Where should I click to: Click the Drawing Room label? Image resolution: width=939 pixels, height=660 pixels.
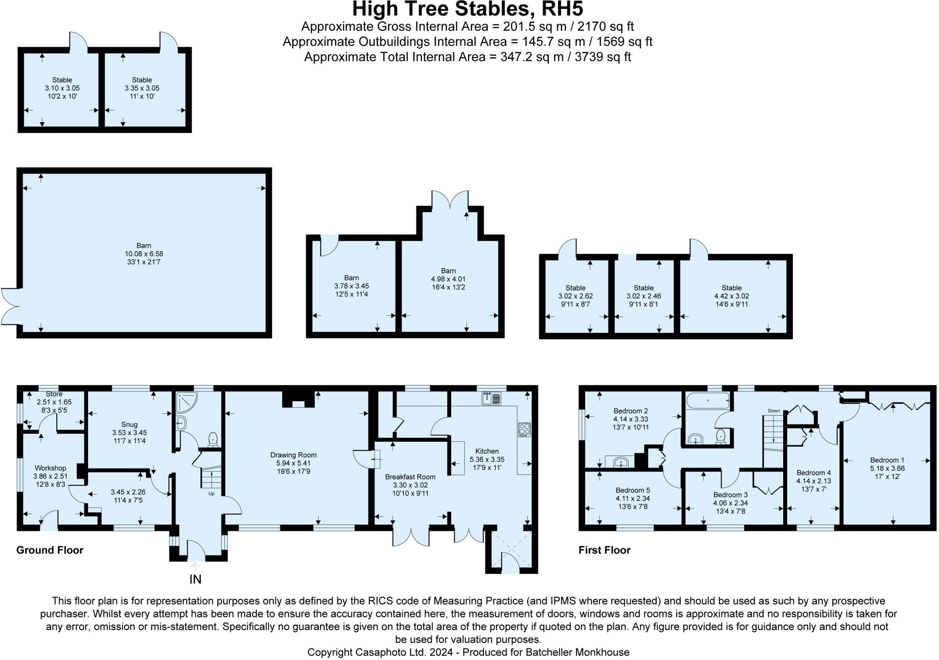point(293,455)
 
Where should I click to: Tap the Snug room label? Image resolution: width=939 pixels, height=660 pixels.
point(129,424)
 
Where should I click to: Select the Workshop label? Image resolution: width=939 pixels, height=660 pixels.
point(50,468)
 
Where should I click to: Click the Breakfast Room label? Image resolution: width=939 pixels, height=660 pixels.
point(410,477)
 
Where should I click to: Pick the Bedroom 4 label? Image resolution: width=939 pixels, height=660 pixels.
point(813,473)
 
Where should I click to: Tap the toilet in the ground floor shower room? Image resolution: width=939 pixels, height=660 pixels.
point(213,440)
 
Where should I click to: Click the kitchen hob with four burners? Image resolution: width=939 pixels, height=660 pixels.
point(524,429)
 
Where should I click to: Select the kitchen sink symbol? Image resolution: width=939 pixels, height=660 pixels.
point(491,399)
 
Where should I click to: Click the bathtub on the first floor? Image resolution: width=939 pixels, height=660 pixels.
point(708,400)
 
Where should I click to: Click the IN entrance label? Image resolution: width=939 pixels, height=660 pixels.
point(195,579)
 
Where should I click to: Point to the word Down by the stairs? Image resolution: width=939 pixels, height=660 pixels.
point(773,411)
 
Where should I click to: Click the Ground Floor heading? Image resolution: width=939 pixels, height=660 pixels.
point(50,550)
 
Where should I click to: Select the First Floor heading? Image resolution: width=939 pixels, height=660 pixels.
point(604,550)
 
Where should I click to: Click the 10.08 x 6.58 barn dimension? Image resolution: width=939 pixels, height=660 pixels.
point(144,254)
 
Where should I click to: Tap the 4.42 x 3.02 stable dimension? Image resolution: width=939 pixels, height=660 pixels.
point(731,296)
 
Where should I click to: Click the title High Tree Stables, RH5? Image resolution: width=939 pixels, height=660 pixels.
point(467,9)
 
